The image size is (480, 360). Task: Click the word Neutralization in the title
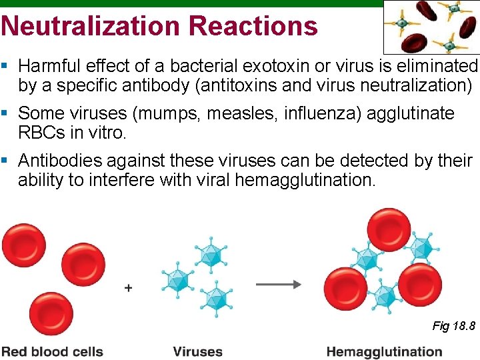click(90, 26)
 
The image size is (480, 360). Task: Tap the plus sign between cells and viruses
click(128, 288)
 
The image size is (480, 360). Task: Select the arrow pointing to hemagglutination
click(279, 284)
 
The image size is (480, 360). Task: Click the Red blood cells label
click(52, 351)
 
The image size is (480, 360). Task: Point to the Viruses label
click(197, 351)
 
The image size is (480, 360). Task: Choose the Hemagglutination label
click(384, 351)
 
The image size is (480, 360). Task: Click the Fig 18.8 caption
click(453, 326)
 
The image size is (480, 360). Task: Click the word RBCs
click(40, 132)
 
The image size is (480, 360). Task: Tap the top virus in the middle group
click(210, 252)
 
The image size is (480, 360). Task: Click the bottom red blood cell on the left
click(51, 312)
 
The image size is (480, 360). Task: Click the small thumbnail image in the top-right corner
click(431, 27)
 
